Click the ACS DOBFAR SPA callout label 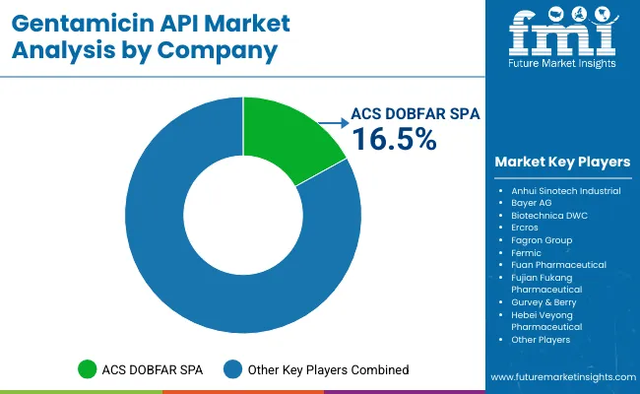[x=416, y=113]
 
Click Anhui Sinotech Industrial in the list [x=565, y=190]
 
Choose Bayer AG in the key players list [x=532, y=203]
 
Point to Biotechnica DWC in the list [x=549, y=215]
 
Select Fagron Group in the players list [x=541, y=240]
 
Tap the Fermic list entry [x=527, y=252]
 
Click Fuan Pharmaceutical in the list [x=558, y=265]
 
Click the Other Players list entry [x=541, y=340]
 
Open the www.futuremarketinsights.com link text [x=560, y=377]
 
